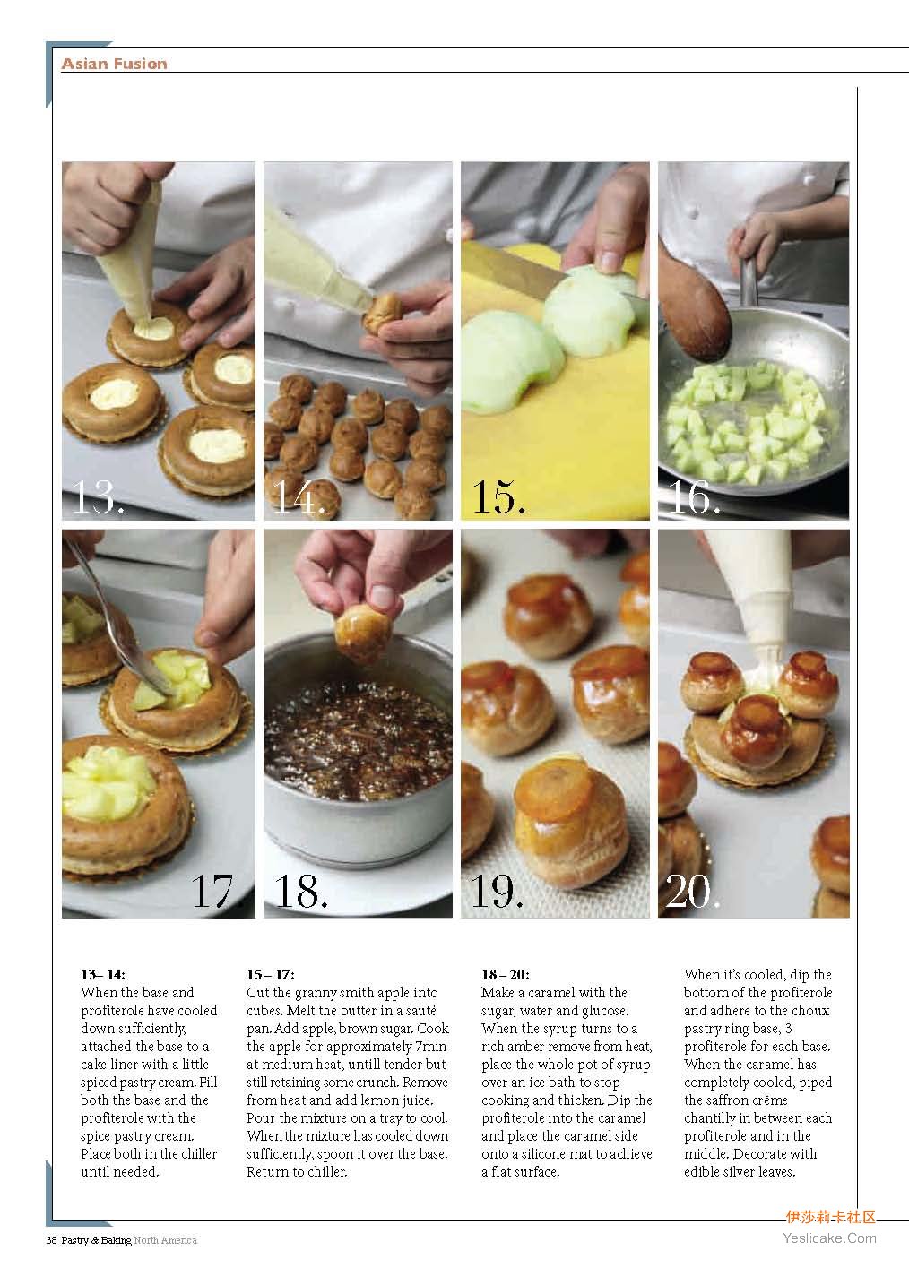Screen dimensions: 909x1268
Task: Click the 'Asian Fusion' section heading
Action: [115, 64]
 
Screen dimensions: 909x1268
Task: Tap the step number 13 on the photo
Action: [97, 497]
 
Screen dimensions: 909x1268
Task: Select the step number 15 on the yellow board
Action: [498, 497]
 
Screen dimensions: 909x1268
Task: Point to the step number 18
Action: [300, 891]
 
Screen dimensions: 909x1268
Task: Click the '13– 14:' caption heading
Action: [103, 974]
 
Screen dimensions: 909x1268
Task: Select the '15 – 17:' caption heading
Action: [270, 974]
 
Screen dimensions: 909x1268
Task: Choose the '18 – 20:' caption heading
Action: [506, 974]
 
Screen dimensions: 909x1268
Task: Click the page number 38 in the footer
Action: [51, 1240]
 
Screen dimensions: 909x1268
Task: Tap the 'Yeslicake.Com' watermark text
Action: [830, 1238]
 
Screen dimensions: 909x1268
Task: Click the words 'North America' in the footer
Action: [165, 1240]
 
